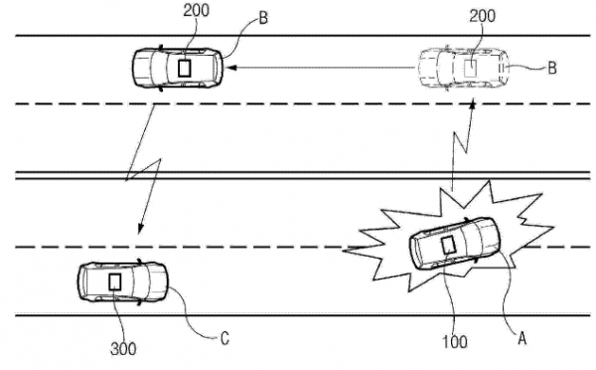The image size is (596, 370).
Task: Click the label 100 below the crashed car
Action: pyautogui.click(x=455, y=341)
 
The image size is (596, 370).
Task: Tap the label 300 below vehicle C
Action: pyautogui.click(x=123, y=348)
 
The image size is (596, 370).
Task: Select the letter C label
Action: pyautogui.click(x=225, y=338)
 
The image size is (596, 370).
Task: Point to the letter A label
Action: pyautogui.click(x=522, y=338)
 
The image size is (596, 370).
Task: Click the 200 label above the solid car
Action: pyautogui.click(x=196, y=10)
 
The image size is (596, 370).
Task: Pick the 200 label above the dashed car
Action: pyautogui.click(x=483, y=16)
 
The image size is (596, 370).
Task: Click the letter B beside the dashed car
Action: pyautogui.click(x=552, y=68)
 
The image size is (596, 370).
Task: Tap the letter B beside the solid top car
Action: pyautogui.click(x=263, y=18)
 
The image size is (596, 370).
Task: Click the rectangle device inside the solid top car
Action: pyautogui.click(x=185, y=69)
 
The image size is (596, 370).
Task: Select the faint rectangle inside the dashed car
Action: pyautogui.click(x=471, y=69)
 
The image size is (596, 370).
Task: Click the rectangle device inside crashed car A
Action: pyautogui.click(x=449, y=245)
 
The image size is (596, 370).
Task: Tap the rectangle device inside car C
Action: pyautogui.click(x=115, y=282)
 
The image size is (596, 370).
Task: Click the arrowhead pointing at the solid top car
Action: pyautogui.click(x=231, y=68)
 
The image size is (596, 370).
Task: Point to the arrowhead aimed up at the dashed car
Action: pyautogui.click(x=473, y=103)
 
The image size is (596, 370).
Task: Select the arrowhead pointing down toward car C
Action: pyautogui.click(x=140, y=229)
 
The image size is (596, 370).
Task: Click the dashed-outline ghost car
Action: pyautogui.click(x=464, y=69)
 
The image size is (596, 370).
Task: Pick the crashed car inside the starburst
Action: pyautogui.click(x=455, y=244)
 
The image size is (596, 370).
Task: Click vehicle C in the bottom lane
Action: pyautogui.click(x=122, y=282)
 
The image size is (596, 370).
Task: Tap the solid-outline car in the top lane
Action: pyautogui.click(x=178, y=69)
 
